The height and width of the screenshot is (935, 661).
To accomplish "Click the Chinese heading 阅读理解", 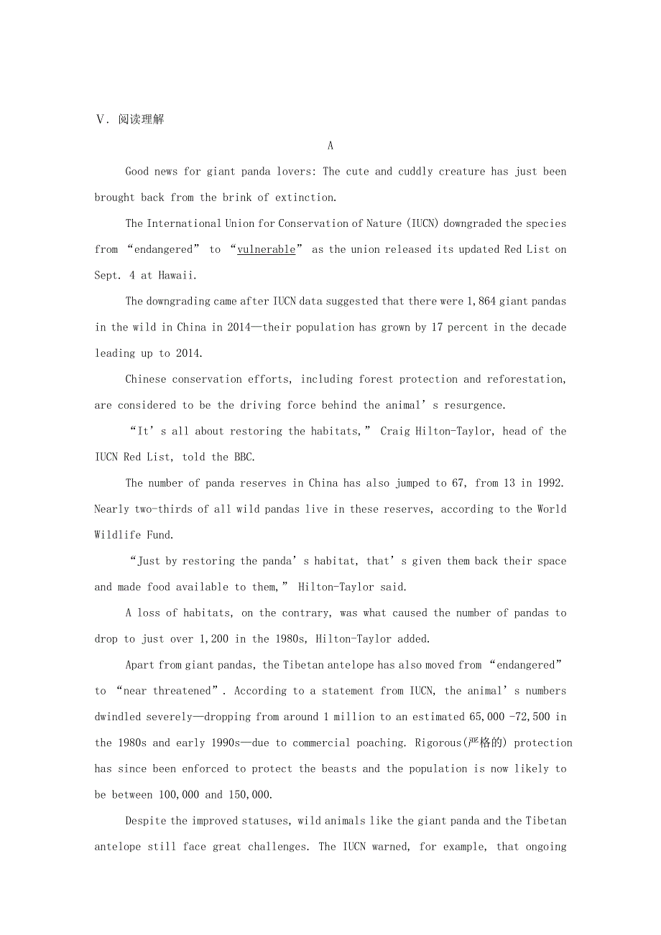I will (141, 119).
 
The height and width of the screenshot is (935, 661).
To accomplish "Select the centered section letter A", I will (330, 146).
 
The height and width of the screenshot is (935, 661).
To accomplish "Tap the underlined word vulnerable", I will (266, 249).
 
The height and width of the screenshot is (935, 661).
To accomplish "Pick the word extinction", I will (305, 197).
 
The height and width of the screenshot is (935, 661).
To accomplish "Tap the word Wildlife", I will (121, 535).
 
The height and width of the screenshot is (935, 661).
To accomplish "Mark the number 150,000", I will (249, 794).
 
